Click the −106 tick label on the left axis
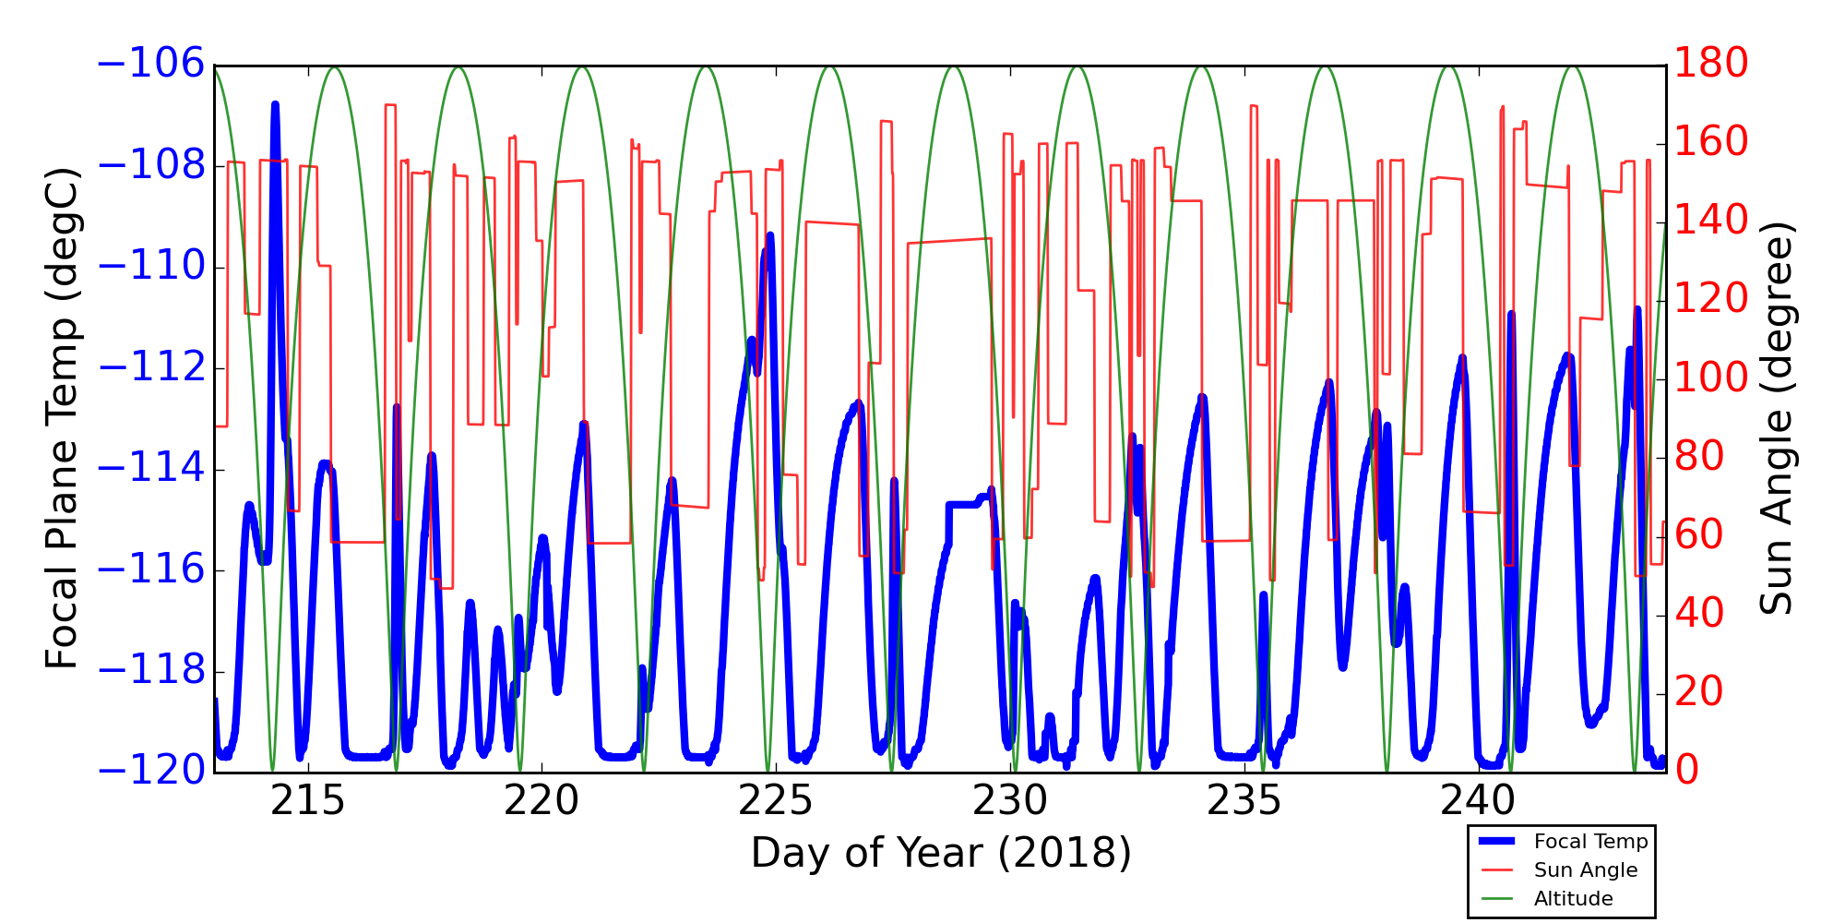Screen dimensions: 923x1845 pos(150,65)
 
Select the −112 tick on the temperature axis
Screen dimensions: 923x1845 pos(150,368)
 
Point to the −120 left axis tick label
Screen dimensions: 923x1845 pos(150,771)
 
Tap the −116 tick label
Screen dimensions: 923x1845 pos(150,569)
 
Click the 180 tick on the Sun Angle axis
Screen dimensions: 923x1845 pos(1711,65)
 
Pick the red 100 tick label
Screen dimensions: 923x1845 pos(1711,378)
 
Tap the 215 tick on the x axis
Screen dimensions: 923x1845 pos(307,801)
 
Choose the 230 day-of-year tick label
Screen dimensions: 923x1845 pos(1011,801)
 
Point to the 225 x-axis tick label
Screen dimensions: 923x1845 pos(776,801)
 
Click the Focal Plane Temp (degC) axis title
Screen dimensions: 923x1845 pos(62,418)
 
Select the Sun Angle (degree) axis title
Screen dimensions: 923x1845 pos(1775,418)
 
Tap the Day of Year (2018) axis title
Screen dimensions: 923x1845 pos(940,853)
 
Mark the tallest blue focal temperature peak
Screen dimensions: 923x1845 pos(275,105)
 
